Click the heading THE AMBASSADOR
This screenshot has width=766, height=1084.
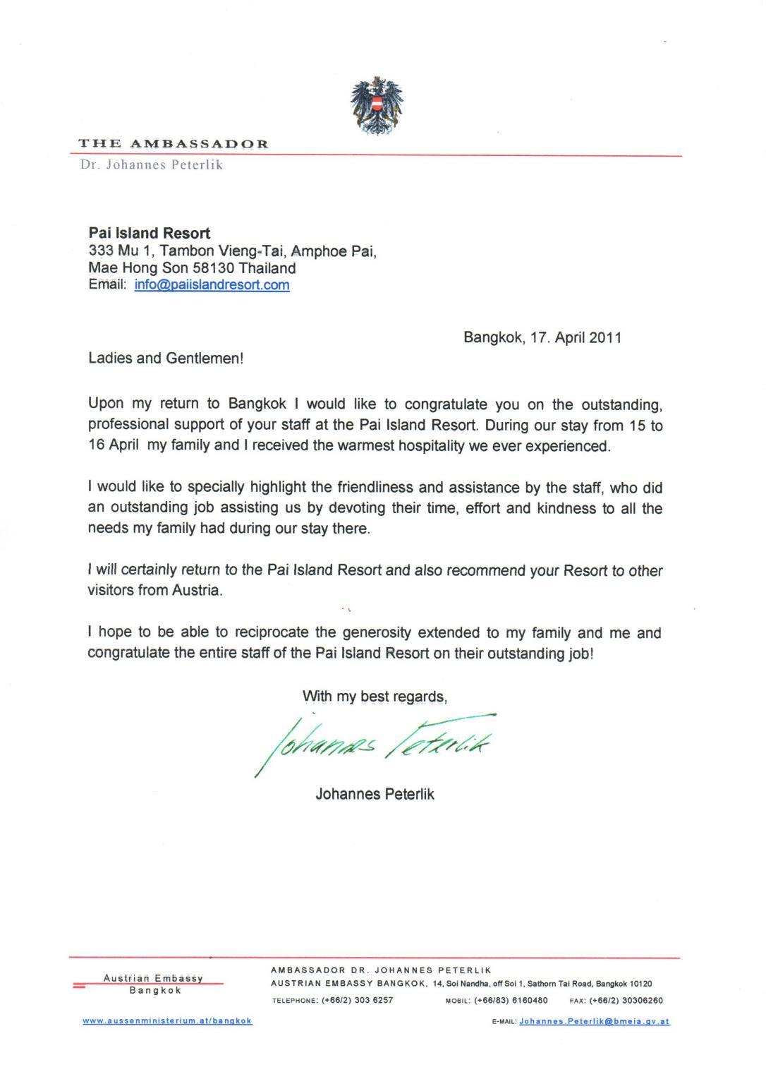[173, 144]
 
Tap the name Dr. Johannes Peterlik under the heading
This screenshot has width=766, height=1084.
[152, 166]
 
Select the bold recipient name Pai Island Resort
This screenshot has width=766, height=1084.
[149, 233]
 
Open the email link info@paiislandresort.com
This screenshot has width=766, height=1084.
[212, 285]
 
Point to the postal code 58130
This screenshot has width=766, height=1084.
[213, 268]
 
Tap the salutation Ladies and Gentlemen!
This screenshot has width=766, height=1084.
[166, 359]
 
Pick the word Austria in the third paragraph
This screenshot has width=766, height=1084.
[197, 591]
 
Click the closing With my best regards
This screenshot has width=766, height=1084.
[375, 697]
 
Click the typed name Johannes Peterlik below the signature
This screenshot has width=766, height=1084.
[375, 794]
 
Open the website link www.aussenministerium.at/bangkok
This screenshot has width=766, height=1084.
[167, 1020]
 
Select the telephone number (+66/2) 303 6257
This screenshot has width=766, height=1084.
[357, 1000]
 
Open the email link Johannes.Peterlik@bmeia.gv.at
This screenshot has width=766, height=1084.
[594, 1021]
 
